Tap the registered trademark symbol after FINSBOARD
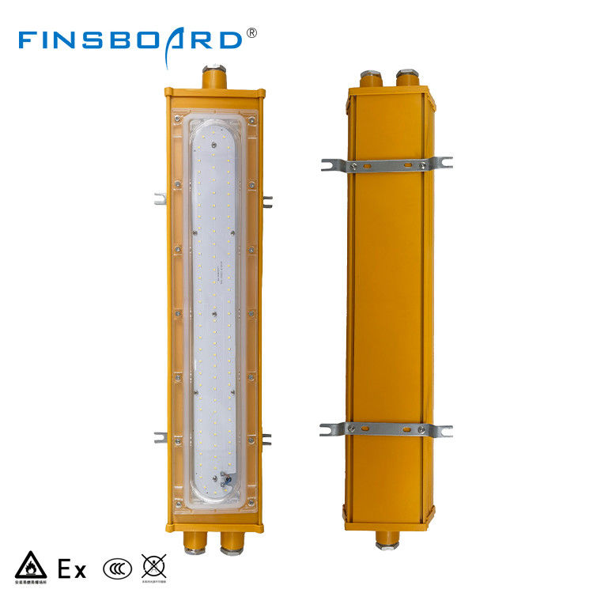pos(252,33)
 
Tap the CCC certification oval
pos(115,568)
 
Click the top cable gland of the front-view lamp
pos(213,77)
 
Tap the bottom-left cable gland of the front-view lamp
pos(193,542)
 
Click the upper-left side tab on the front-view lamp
pos(160,198)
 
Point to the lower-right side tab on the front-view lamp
pos(266,438)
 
